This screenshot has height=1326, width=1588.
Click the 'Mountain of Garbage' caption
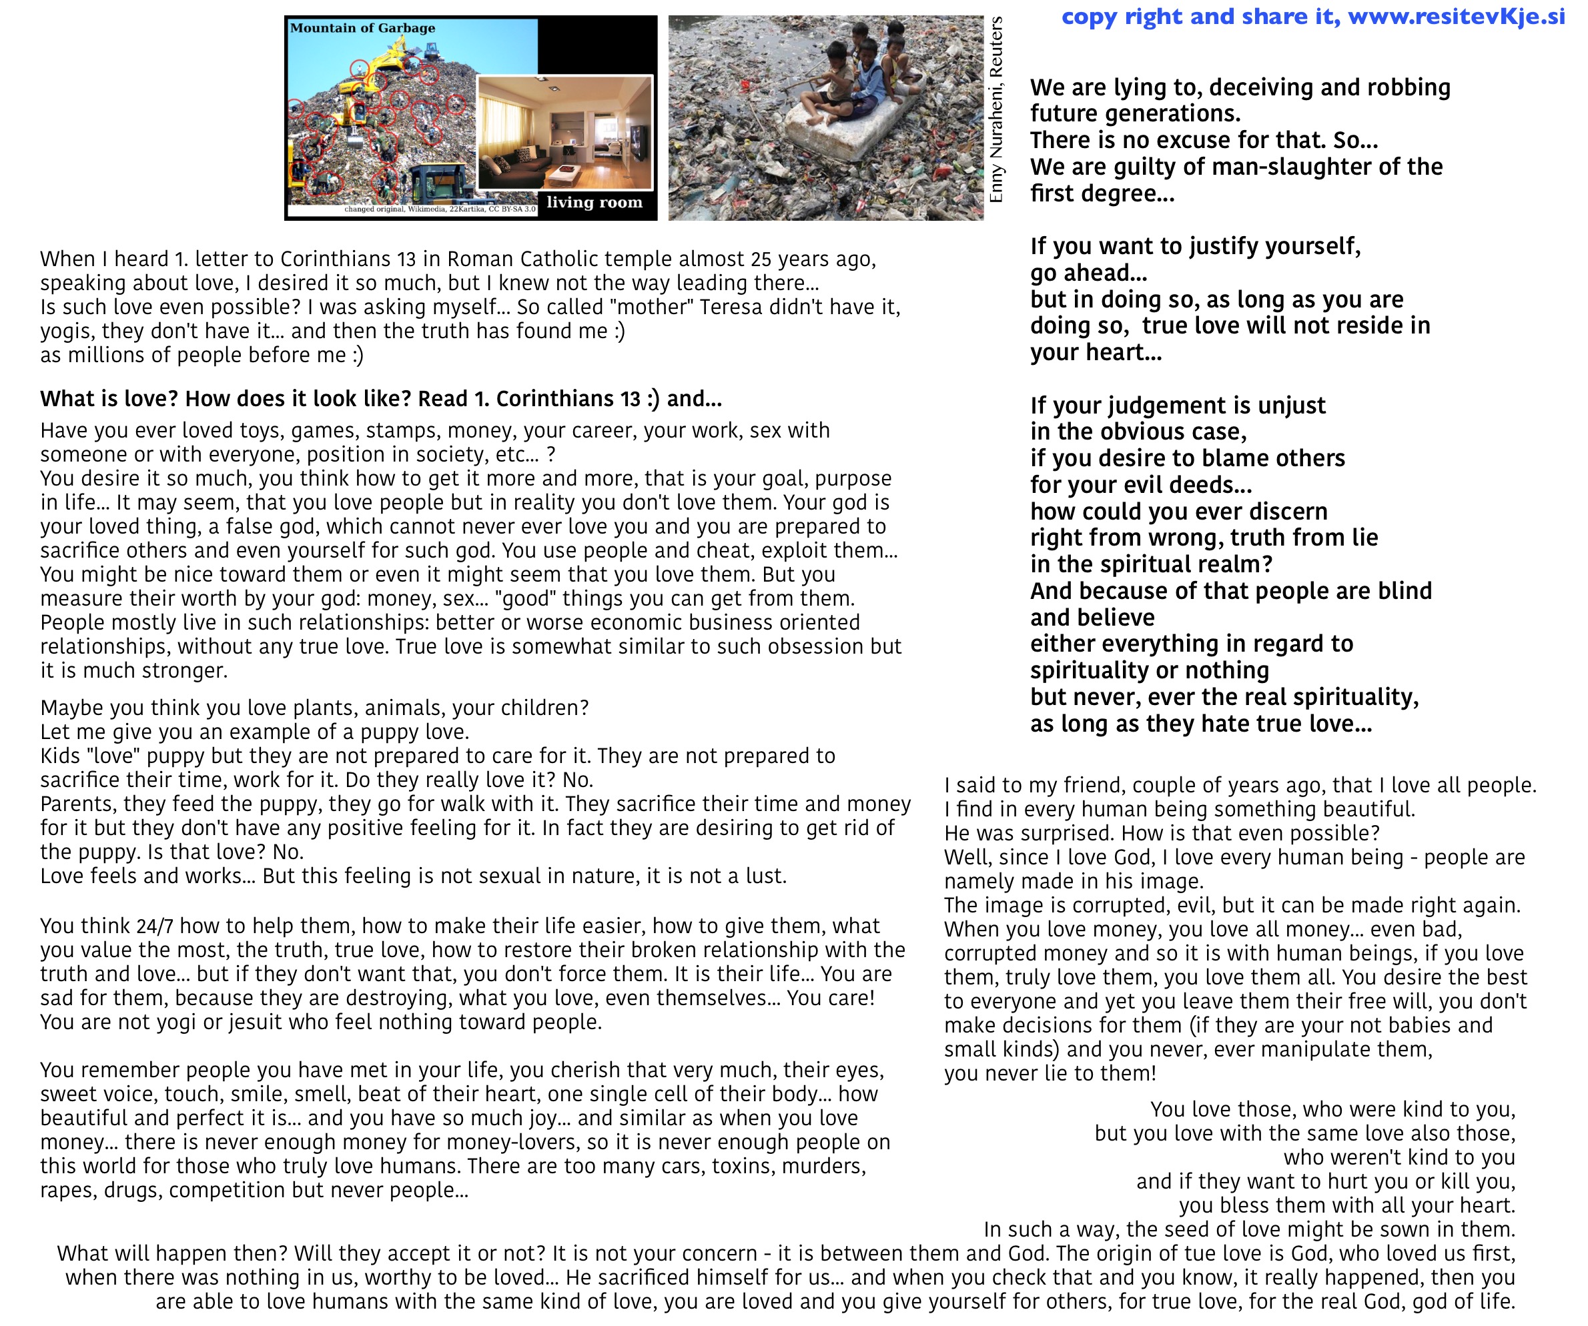click(362, 28)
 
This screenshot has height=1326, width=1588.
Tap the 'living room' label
click(594, 202)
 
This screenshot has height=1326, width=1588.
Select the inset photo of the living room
click(565, 132)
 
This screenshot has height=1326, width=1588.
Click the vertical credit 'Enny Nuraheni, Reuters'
click(996, 109)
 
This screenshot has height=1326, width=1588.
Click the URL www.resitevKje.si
click(1457, 17)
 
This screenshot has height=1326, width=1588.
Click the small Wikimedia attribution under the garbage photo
click(439, 209)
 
